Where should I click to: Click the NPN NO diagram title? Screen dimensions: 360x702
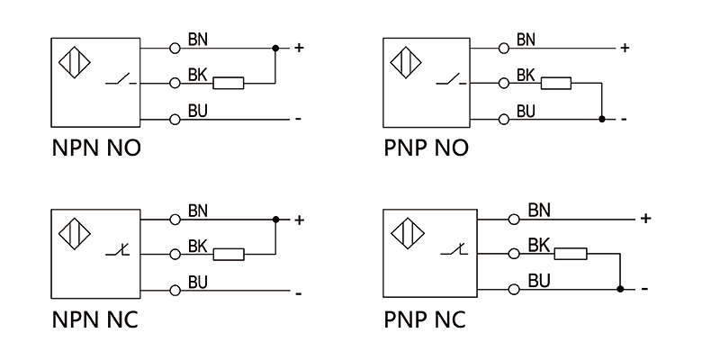pyautogui.click(x=96, y=148)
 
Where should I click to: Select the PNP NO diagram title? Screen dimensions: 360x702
pyautogui.click(x=426, y=148)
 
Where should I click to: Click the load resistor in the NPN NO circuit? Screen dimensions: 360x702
pyautogui.click(x=229, y=83)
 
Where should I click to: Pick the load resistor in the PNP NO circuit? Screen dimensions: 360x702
pyautogui.click(x=555, y=83)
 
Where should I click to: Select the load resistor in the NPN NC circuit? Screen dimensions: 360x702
pyautogui.click(x=229, y=254)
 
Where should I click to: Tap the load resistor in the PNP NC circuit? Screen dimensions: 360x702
pyautogui.click(x=571, y=255)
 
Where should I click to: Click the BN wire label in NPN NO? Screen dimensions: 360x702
pyautogui.click(x=198, y=40)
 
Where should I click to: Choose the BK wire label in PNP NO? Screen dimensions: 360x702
pyautogui.click(x=526, y=76)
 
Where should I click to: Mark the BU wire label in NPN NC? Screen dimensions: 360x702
pyautogui.click(x=198, y=283)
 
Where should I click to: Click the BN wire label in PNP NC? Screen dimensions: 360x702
pyautogui.click(x=539, y=211)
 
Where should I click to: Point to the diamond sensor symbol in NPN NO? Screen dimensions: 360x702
pyautogui.click(x=75, y=64)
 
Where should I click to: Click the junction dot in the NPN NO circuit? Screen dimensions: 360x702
pyautogui.click(x=275, y=47)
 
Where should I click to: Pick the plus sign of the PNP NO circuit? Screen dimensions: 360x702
pyautogui.click(x=625, y=48)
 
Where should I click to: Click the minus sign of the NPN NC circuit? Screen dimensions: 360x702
pyautogui.click(x=297, y=292)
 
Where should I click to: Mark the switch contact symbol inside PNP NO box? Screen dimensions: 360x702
pyautogui.click(x=449, y=84)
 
